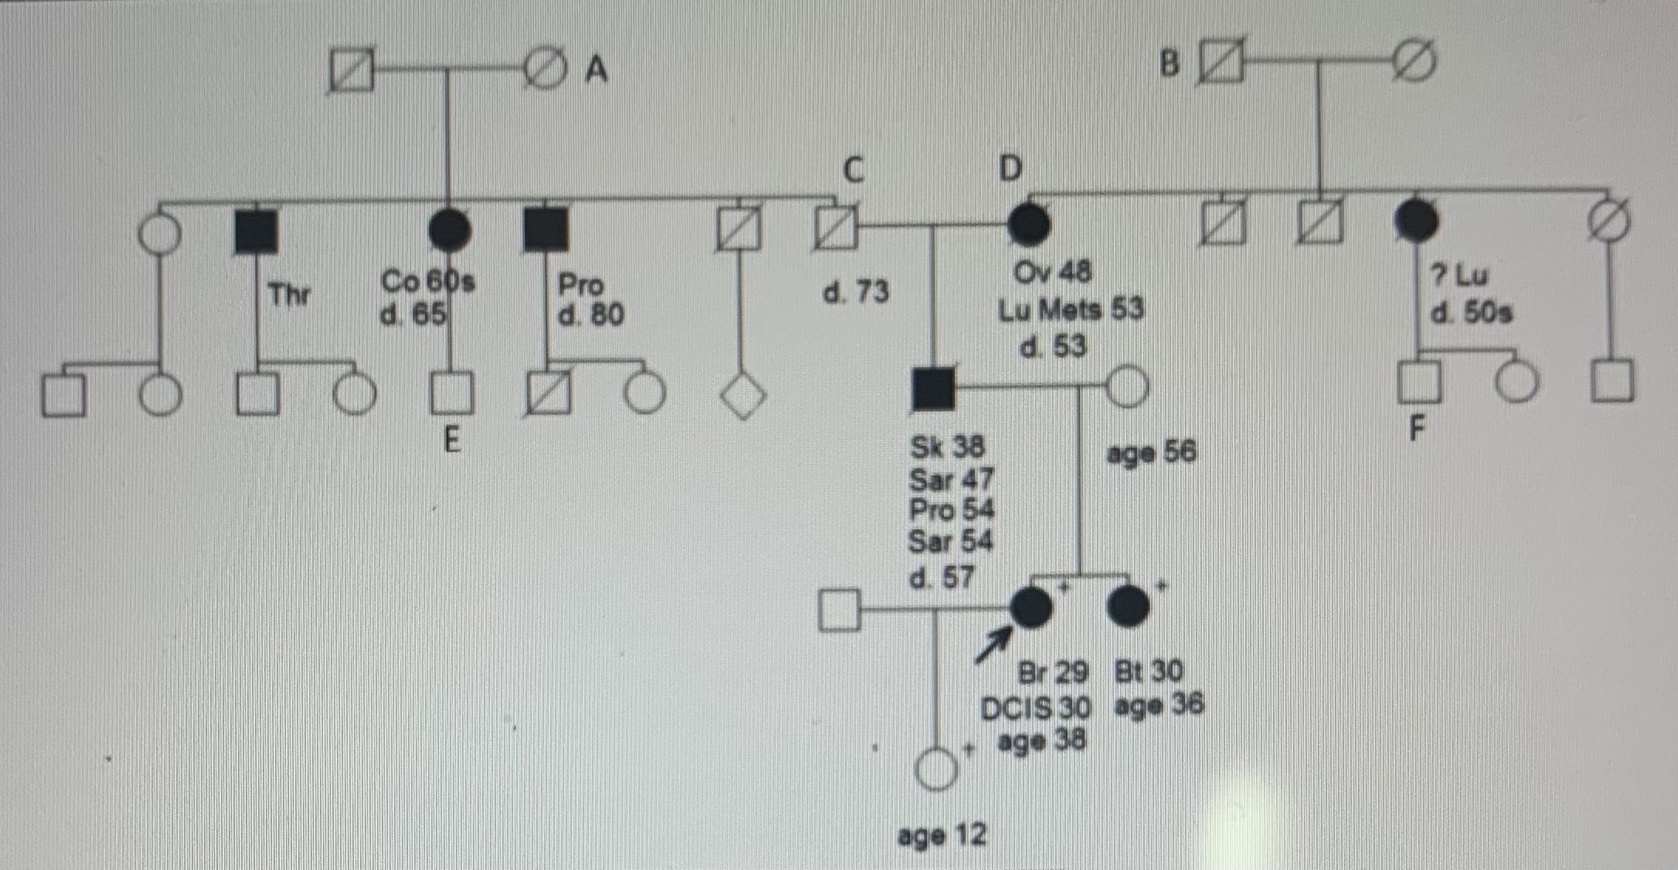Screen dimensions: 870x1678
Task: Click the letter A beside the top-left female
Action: click(596, 70)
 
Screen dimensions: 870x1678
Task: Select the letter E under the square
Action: click(452, 441)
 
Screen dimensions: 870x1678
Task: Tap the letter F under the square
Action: click(1416, 428)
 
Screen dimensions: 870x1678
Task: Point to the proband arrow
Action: click(994, 644)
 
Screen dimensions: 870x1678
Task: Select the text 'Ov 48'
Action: click(1053, 272)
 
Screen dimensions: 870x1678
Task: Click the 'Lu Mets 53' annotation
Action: click(1071, 310)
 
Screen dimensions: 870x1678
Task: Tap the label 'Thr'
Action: click(289, 295)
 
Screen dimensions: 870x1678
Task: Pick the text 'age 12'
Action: click(942, 835)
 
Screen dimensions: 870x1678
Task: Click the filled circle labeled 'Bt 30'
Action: click(1128, 606)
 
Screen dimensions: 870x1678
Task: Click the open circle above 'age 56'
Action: click(1127, 386)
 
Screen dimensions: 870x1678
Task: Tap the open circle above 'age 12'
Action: click(936, 769)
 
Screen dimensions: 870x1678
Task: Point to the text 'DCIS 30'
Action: click(1035, 708)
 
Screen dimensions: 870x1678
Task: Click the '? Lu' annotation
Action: click(1459, 275)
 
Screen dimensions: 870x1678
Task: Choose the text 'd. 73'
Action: click(855, 293)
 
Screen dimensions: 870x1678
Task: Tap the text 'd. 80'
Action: click(591, 315)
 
